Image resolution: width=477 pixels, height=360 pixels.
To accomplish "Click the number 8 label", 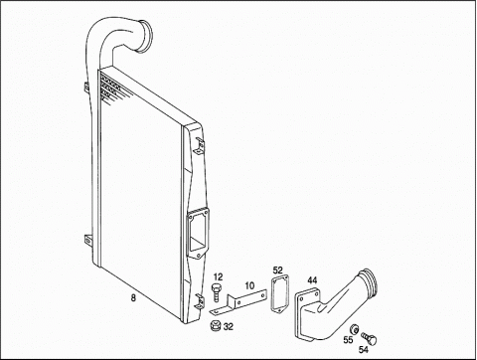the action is [133, 298].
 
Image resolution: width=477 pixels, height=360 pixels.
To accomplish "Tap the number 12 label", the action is [218, 276].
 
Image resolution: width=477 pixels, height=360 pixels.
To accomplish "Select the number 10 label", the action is [249, 285].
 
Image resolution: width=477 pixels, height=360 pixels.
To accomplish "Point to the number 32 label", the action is [229, 327].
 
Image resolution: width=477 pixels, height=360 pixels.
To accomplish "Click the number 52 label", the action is [277, 270].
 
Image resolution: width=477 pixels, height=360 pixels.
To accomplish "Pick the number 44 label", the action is [312, 280].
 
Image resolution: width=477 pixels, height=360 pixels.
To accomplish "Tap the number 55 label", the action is [348, 340].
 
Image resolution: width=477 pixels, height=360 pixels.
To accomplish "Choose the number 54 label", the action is [364, 349].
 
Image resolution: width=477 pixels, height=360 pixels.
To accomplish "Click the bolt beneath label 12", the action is [217, 292].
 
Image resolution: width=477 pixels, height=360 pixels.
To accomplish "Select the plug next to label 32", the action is [216, 325].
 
